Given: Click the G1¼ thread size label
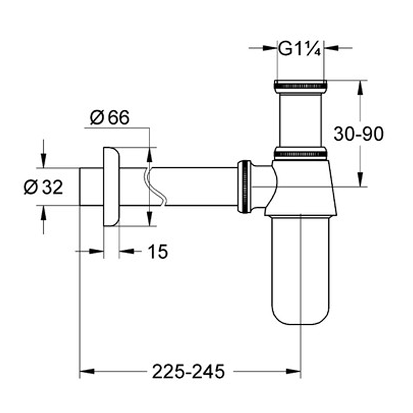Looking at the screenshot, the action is click(300, 48).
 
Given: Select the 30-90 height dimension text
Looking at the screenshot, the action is click(358, 134).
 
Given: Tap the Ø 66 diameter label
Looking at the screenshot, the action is click(110, 117).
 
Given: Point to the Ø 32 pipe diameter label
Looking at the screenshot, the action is click(43, 187).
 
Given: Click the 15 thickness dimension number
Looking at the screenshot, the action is click(158, 252).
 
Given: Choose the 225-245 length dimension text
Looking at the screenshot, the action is click(189, 372).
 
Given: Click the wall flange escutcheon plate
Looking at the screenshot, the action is click(111, 186).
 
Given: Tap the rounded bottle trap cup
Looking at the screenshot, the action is click(300, 270).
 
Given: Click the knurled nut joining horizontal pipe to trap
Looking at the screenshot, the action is click(244, 186).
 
